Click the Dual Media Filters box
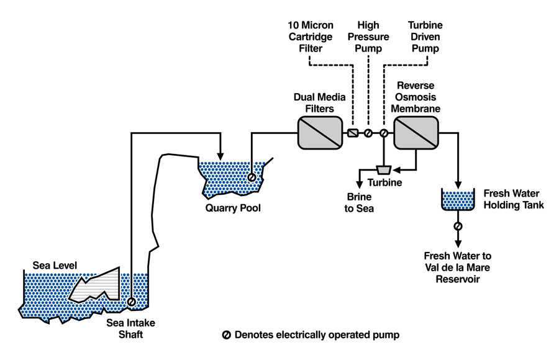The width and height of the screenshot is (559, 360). (320, 133)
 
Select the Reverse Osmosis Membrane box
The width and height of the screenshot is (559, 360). (416, 133)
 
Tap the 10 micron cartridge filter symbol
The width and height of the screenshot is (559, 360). (353, 133)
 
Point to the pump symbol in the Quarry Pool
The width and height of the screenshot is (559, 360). (252, 178)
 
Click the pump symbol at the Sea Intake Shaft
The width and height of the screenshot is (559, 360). (132, 302)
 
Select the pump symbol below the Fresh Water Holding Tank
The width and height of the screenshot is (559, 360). (458, 227)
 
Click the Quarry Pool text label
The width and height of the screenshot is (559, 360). (233, 208)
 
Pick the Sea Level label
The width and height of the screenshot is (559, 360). (55, 266)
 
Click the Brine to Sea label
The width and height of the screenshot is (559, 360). (359, 204)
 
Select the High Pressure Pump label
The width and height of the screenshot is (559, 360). (372, 37)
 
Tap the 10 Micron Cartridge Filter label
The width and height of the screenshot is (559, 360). (311, 37)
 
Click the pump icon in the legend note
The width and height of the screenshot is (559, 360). (226, 335)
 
